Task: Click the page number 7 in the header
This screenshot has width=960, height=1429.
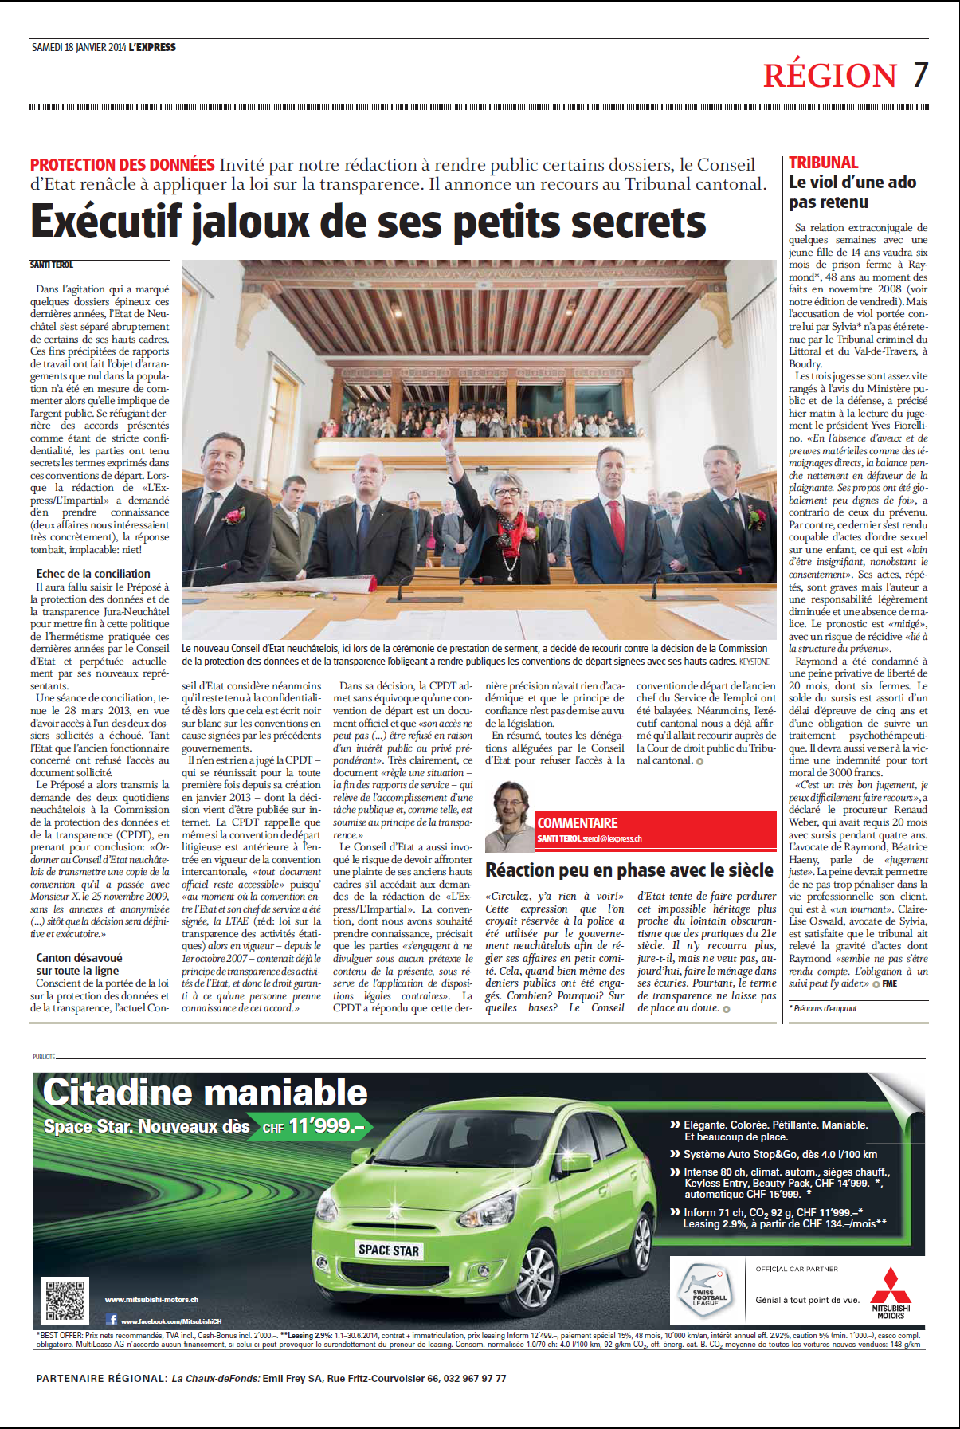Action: pyautogui.click(x=920, y=75)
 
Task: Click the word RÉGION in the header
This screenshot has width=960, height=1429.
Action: pyautogui.click(x=829, y=76)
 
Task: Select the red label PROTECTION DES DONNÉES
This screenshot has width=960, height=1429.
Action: pyautogui.click(x=122, y=165)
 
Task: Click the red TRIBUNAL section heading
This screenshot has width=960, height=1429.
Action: pyautogui.click(x=823, y=163)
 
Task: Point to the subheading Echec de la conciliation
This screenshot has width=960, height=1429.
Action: pyautogui.click(x=93, y=574)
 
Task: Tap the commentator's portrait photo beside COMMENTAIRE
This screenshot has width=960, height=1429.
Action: pyautogui.click(x=511, y=816)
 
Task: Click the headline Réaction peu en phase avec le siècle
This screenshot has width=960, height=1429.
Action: pyautogui.click(x=629, y=870)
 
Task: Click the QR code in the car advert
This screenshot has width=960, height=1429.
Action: pyautogui.click(x=65, y=1300)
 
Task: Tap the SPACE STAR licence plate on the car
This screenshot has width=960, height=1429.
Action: pyautogui.click(x=388, y=1250)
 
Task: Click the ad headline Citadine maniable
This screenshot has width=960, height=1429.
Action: pyautogui.click(x=206, y=1093)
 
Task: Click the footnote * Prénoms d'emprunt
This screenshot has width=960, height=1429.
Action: pyautogui.click(x=823, y=1008)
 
